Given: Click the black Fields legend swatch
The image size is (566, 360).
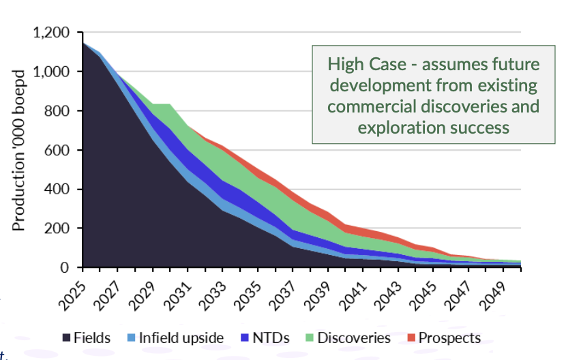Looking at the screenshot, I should (67, 338).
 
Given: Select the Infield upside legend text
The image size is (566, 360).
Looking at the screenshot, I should (181, 338).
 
